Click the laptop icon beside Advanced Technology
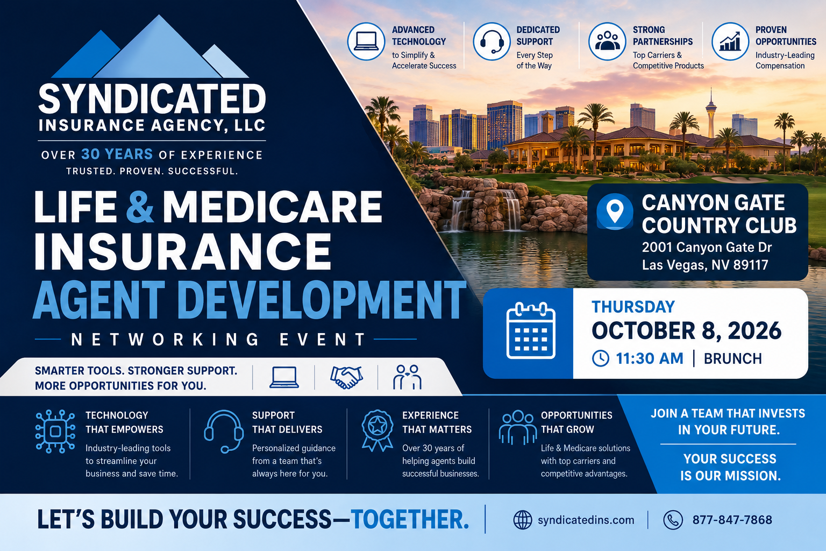coord(366,41)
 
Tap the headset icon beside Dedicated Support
coord(492,41)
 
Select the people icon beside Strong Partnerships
coord(607,41)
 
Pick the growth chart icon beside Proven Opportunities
coord(730,41)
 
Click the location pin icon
coord(615,211)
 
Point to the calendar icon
coord(531,330)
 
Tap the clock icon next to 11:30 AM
coord(601,358)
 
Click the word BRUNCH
coord(733,359)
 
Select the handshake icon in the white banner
coord(346,377)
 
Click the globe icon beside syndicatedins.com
coord(523,520)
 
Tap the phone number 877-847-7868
coord(732,520)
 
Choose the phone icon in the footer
coord(673,520)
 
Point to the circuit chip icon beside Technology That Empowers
coord(55,431)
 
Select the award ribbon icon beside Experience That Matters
coord(377,430)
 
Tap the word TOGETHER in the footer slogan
coord(409,520)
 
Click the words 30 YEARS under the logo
coord(117,154)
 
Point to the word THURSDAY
coord(633,307)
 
